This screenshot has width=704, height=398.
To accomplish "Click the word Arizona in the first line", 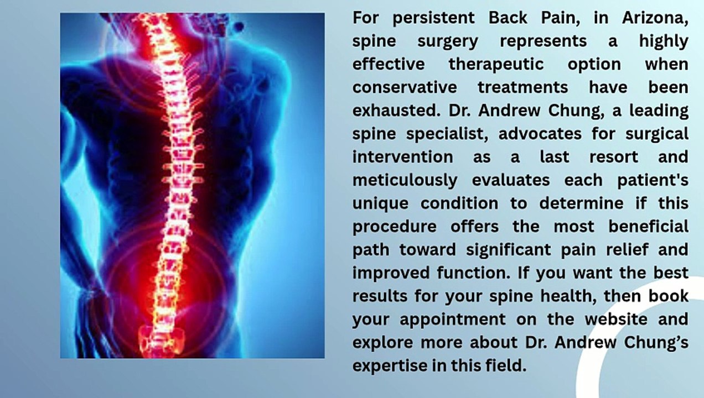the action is tap(655, 18).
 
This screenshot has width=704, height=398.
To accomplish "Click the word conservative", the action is tap(405, 88).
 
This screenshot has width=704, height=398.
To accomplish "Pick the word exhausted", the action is tap(396, 111).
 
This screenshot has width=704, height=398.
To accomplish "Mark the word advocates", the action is tap(540, 134).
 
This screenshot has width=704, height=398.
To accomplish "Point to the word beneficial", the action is tap(648, 226).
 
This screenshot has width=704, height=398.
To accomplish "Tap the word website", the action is tap(616, 319).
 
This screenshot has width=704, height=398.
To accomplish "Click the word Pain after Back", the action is tap(560, 18).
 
